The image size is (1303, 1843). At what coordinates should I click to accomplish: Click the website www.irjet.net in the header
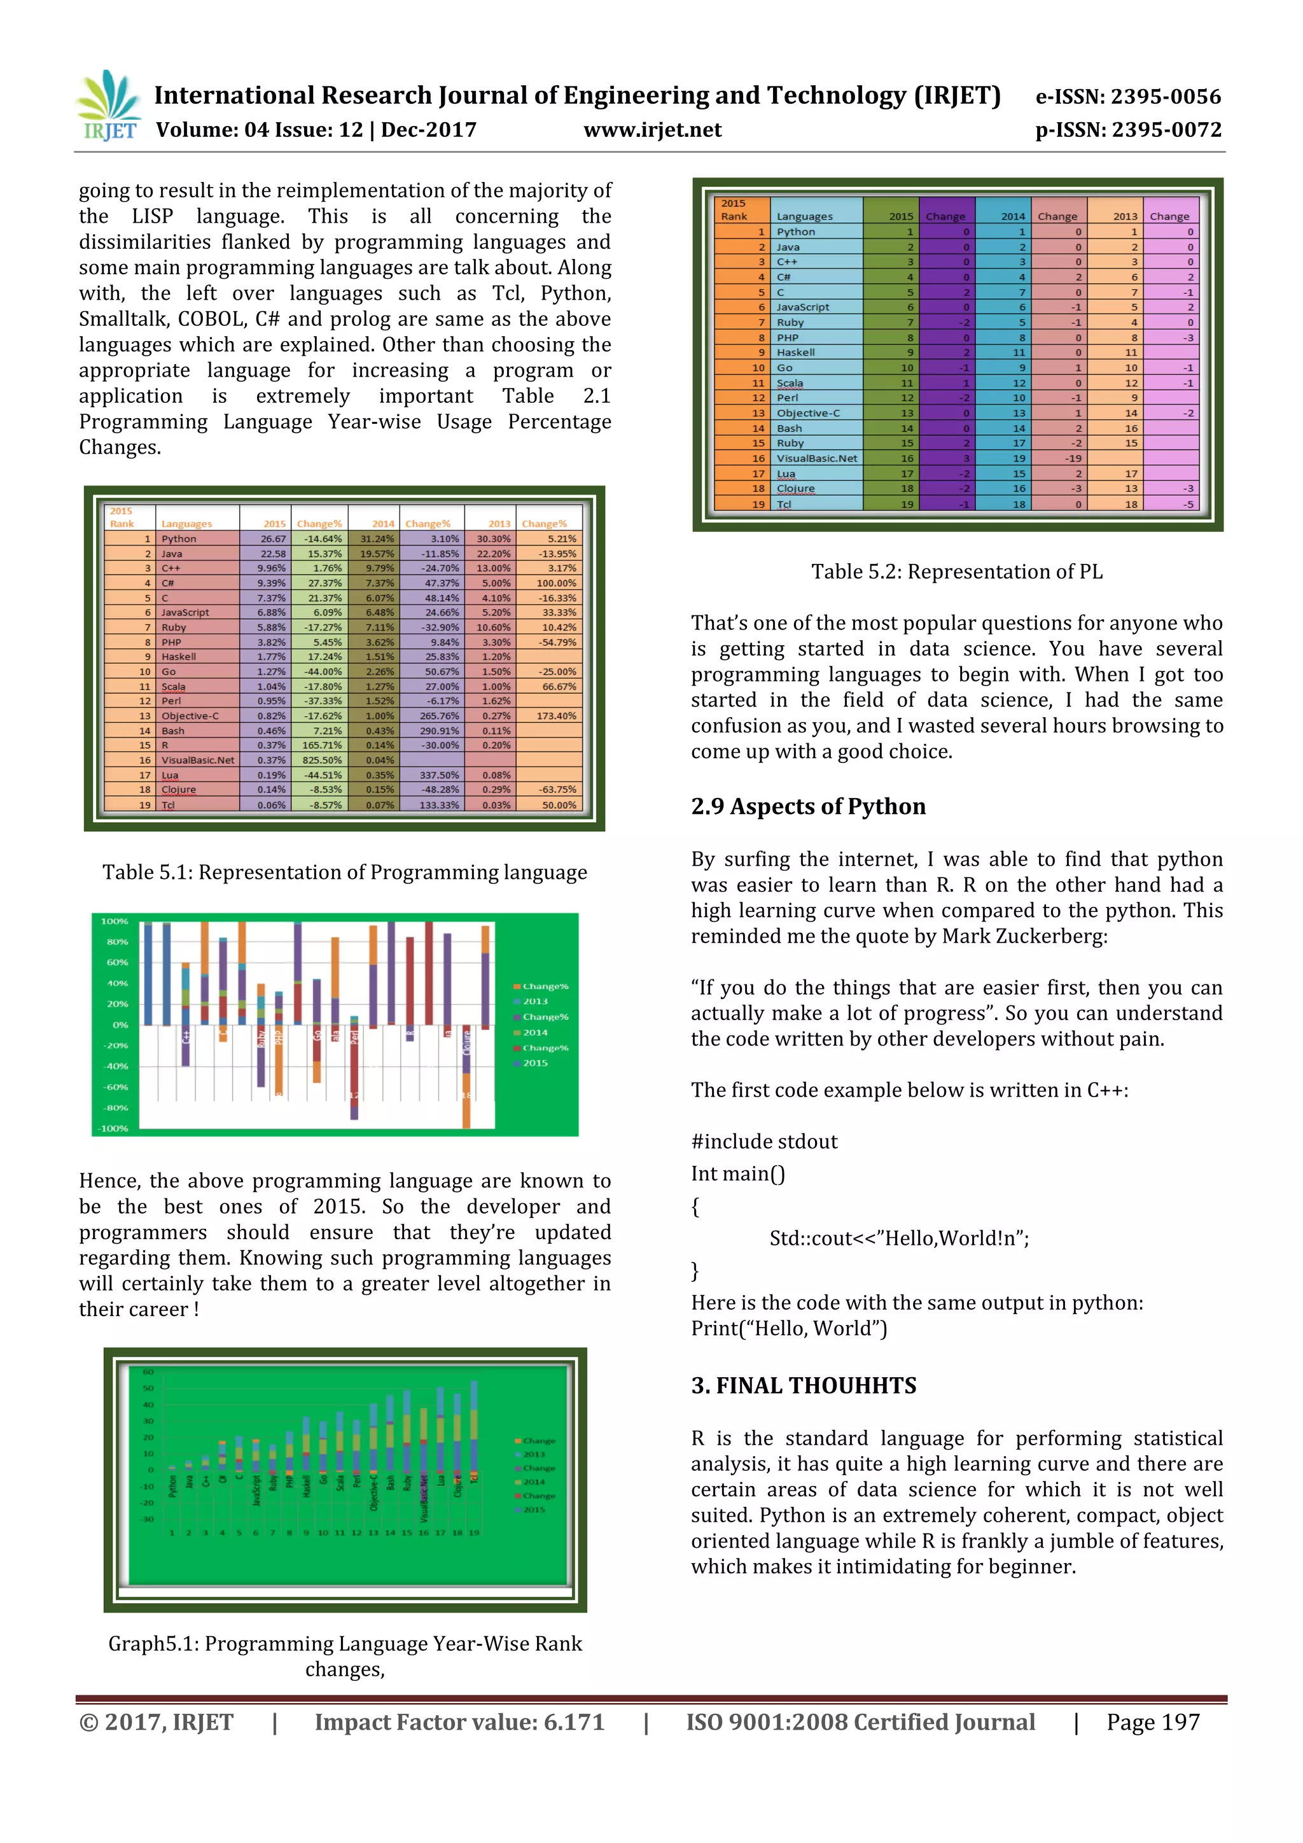coord(651,130)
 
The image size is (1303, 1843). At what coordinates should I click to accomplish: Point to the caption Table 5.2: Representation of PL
coord(956,571)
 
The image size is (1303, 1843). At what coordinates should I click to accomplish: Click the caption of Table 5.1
coord(344,872)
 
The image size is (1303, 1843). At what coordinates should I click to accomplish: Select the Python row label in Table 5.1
coord(179,538)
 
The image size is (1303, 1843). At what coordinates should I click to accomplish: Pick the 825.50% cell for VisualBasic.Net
coord(321,760)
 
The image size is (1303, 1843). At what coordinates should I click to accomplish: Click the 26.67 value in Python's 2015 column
coord(273,538)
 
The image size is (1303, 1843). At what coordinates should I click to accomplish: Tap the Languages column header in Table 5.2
coord(804,217)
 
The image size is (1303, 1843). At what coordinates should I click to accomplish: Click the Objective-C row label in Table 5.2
coord(807,412)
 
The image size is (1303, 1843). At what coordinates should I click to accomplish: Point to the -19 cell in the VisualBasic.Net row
coord(1072,458)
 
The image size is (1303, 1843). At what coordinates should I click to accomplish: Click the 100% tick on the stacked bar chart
coord(115,922)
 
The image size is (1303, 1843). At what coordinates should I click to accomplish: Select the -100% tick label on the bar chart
coord(113,1128)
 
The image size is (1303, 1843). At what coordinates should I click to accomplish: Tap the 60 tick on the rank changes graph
coord(148,1372)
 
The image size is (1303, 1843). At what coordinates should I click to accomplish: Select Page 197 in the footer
coord(1152,1723)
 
